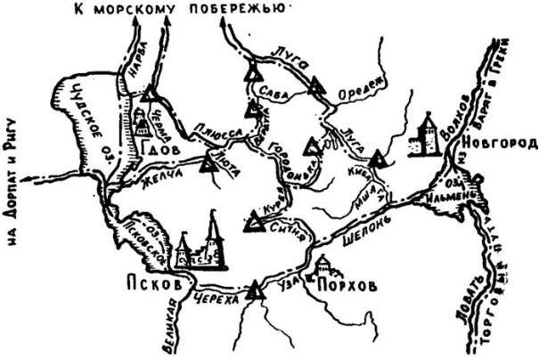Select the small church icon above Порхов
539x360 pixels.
(323, 265)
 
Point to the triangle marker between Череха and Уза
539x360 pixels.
(256, 289)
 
